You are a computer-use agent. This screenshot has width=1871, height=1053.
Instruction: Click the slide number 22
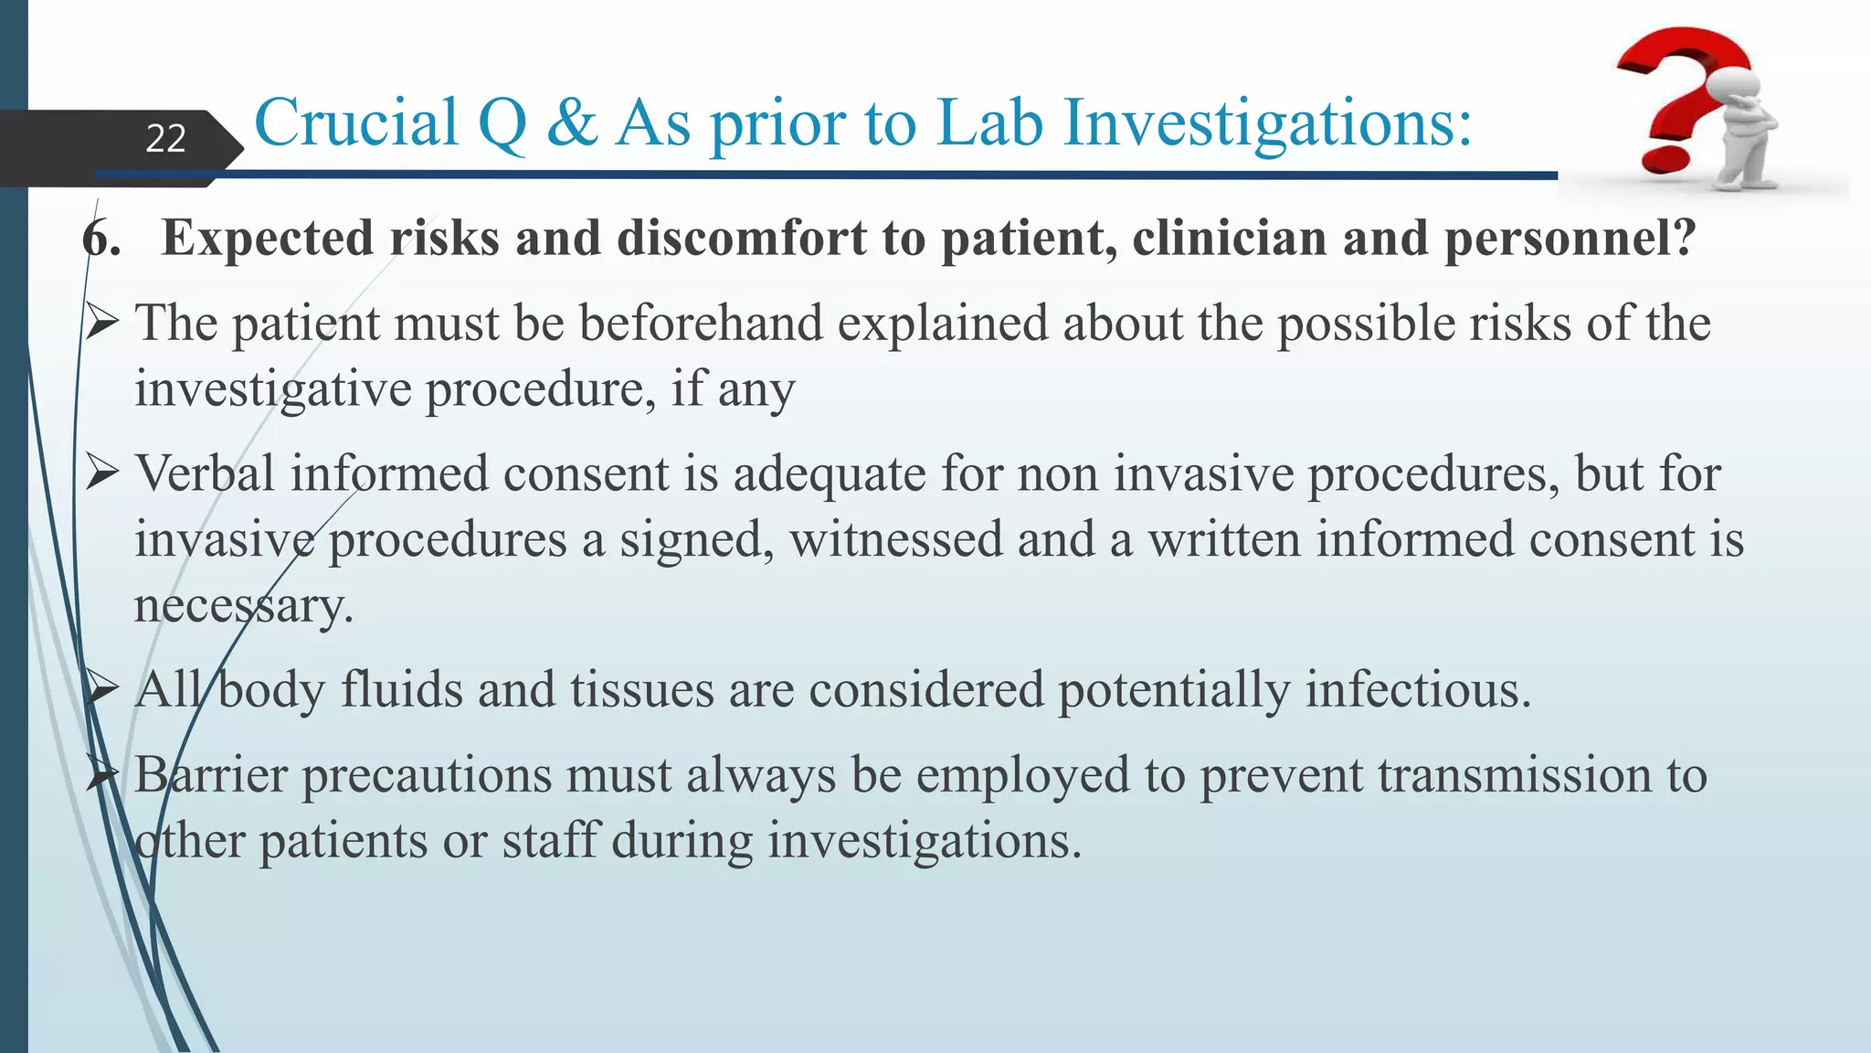165,139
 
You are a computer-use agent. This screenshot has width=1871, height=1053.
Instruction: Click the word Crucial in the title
355,122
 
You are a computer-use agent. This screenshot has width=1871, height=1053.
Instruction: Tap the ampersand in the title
572,122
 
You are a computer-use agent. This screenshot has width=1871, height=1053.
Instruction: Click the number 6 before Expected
100,239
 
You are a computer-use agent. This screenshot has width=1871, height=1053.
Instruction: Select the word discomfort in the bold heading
741,239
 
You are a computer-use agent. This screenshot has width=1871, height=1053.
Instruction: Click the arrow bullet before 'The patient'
102,323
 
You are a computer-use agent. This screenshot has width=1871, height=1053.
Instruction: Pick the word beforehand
701,324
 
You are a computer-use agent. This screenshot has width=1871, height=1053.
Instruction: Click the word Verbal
205,473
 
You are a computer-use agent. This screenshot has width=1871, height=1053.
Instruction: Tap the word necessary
243,606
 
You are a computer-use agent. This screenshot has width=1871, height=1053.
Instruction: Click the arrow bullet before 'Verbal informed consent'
102,473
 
